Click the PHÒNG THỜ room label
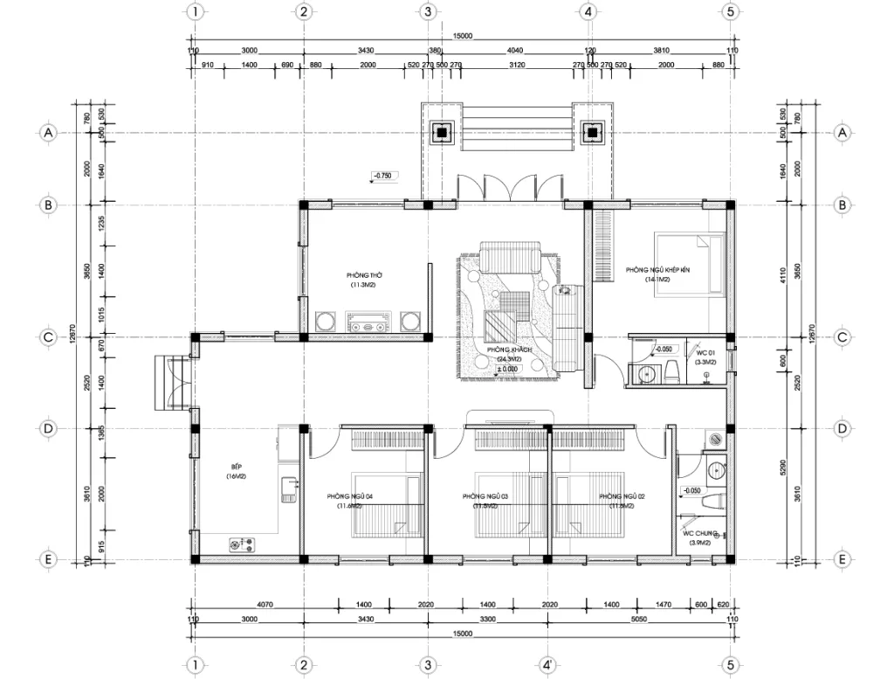click(367, 275)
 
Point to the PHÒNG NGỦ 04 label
click(350, 496)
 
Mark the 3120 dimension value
click(517, 66)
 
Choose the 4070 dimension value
click(266, 604)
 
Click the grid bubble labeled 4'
click(546, 665)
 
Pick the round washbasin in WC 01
click(647, 374)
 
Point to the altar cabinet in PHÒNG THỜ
click(367, 321)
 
